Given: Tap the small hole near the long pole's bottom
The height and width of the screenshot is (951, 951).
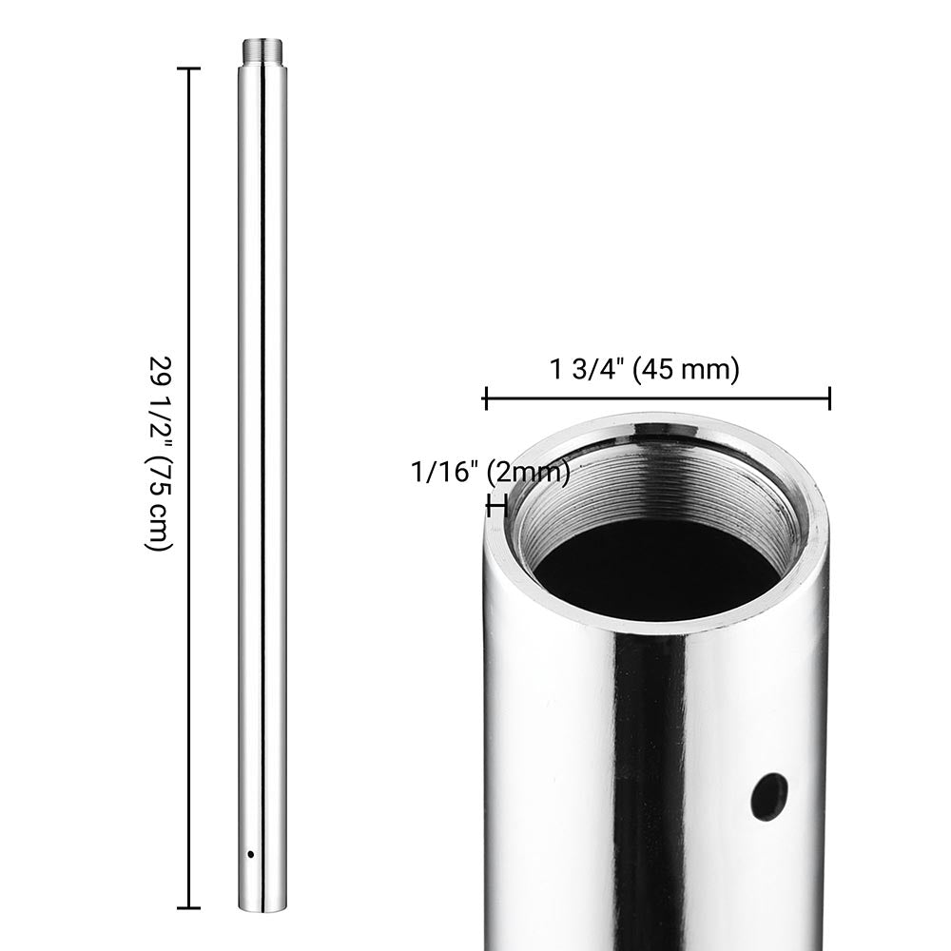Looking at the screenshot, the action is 250,855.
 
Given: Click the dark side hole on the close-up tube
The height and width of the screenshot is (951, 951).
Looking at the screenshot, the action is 767,797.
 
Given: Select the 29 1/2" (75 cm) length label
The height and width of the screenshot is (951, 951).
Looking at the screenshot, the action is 160,454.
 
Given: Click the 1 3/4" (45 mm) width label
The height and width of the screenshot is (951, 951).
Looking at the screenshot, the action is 644,369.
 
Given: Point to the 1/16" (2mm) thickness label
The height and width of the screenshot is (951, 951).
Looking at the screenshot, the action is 491,472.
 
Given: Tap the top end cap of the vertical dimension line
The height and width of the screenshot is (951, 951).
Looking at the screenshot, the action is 188,69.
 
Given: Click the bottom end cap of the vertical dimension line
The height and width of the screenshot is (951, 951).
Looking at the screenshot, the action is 188,908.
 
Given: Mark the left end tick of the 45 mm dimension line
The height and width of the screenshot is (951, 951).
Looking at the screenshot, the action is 485,398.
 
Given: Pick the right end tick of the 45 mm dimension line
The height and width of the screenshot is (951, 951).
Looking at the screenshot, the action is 829,398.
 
